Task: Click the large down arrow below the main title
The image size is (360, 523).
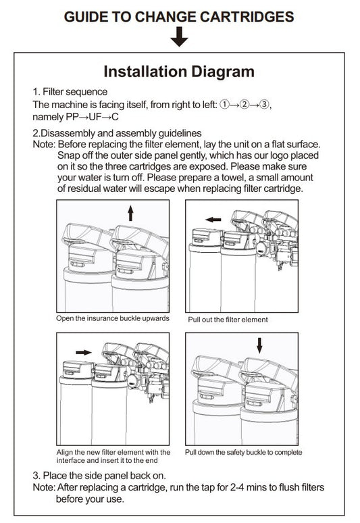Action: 180,36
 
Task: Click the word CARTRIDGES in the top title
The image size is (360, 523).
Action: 247,17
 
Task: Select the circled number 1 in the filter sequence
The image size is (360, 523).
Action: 225,105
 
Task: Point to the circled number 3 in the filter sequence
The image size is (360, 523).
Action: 264,105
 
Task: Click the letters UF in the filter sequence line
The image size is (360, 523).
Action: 95,117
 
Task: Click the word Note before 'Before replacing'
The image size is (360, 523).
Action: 43,145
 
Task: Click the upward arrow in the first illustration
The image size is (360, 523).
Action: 130,213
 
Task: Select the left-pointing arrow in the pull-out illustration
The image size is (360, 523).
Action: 213,220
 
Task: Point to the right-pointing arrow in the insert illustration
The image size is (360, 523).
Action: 84,352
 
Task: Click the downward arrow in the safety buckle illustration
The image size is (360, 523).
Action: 259,345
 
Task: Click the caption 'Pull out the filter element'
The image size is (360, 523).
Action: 228,320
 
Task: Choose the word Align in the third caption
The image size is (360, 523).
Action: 64,453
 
